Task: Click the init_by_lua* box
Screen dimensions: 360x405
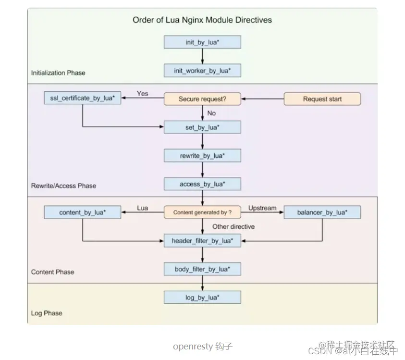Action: click(x=202, y=42)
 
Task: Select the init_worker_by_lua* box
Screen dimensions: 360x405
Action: click(x=202, y=71)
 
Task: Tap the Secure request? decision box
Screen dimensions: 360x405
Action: click(x=202, y=99)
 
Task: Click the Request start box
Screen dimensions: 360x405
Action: click(x=322, y=99)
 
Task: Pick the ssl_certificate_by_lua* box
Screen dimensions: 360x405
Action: click(x=82, y=99)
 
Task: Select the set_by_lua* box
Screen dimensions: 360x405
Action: click(x=202, y=127)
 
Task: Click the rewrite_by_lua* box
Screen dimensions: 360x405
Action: click(x=202, y=156)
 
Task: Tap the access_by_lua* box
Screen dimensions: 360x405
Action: click(x=202, y=184)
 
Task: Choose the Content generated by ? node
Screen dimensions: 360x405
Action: click(x=202, y=212)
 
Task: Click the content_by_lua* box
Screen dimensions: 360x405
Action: click(x=82, y=212)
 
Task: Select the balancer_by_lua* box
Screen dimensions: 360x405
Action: click(x=322, y=212)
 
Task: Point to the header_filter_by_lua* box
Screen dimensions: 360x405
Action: click(x=202, y=240)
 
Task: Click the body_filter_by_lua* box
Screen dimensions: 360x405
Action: click(x=202, y=269)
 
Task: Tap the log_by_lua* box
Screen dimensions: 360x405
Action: click(x=202, y=298)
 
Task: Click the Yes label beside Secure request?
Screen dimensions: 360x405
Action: click(x=143, y=93)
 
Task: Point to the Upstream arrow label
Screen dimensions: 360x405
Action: click(x=262, y=208)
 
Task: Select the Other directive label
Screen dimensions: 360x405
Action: click(x=233, y=226)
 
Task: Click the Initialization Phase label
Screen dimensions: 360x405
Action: click(x=58, y=73)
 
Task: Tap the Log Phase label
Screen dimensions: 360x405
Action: click(x=47, y=313)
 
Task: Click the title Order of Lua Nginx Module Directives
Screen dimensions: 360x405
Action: click(x=202, y=20)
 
